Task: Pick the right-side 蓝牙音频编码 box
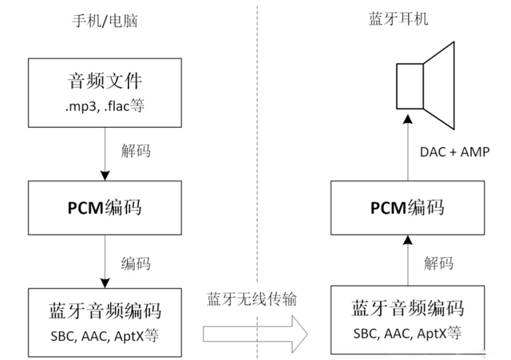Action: click(x=407, y=319)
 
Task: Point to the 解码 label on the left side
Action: click(x=137, y=151)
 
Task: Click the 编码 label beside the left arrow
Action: click(x=137, y=263)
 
